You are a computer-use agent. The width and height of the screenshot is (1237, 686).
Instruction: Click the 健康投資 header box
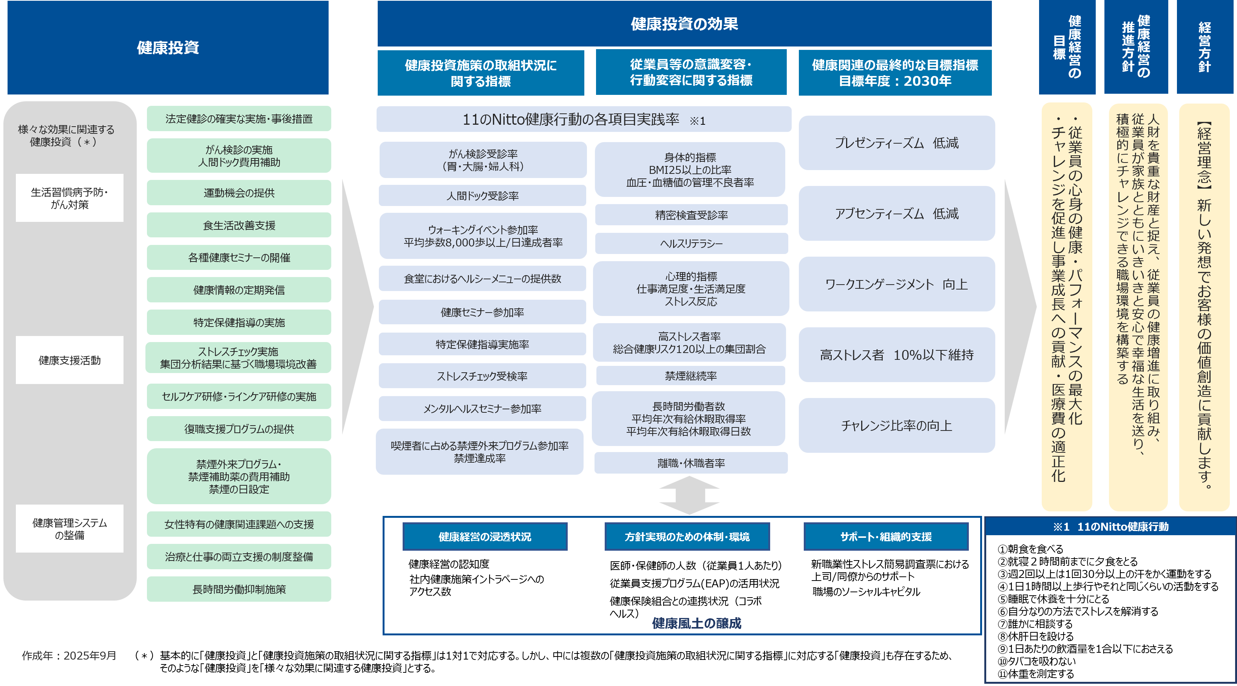(168, 48)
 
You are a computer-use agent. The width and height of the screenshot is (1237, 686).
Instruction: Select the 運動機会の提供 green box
(239, 193)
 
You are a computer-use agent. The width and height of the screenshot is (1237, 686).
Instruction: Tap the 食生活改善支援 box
(239, 225)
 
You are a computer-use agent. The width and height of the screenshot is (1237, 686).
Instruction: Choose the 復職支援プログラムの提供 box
(239, 429)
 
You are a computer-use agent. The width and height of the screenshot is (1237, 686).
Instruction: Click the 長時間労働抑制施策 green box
(239, 589)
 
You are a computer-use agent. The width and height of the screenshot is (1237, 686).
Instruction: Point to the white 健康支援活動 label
(69, 360)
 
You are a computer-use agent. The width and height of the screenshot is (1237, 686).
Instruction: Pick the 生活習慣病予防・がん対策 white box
(69, 198)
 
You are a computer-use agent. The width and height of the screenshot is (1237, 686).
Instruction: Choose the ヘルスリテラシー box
(691, 243)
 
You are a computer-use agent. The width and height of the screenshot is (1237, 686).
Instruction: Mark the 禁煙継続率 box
(690, 376)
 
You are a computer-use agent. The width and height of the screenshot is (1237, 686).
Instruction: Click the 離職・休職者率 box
(691, 463)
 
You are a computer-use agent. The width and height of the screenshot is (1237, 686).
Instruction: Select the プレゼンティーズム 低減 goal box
(897, 142)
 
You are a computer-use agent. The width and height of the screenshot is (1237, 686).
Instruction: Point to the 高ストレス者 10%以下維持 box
(897, 355)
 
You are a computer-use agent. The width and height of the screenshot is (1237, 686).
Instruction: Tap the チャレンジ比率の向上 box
(897, 425)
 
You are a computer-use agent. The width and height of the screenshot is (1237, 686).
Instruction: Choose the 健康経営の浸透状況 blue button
(485, 537)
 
